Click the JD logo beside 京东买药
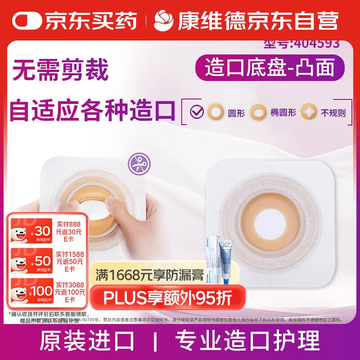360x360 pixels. (x=27, y=21)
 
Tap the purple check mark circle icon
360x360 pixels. (x=197, y=111)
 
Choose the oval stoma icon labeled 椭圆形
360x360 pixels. (x=258, y=111)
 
